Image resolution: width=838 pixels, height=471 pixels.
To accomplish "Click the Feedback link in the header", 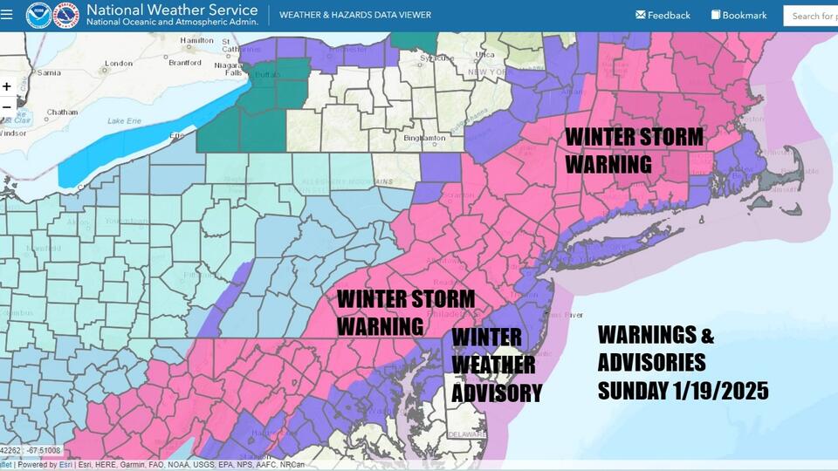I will (663, 15).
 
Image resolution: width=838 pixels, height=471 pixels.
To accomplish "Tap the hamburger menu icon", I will (7, 14).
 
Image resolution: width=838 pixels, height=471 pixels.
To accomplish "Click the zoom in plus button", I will (7, 86).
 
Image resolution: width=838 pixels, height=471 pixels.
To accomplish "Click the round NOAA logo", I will (38, 15).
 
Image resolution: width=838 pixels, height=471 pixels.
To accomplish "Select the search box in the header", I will (812, 15).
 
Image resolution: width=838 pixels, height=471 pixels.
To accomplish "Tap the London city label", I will (118, 64).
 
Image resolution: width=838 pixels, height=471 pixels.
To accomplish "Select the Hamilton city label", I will (196, 40).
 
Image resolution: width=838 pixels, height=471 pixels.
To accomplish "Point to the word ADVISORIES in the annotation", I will (651, 362).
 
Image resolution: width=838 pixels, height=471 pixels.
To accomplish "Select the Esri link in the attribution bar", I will (65, 465).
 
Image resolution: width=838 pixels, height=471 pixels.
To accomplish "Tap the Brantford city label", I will (184, 63).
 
